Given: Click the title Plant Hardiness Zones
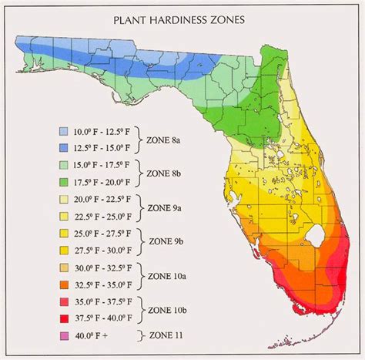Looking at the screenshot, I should click(182, 21).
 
